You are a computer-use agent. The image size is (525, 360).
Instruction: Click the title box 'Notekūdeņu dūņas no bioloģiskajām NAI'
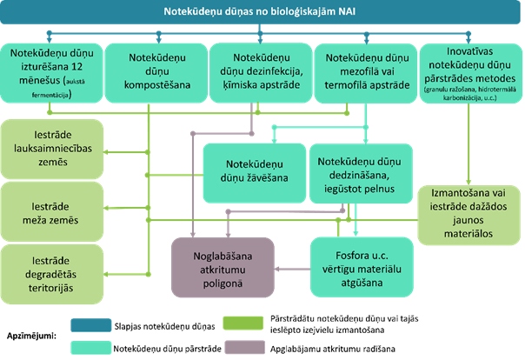[x=262, y=14]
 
